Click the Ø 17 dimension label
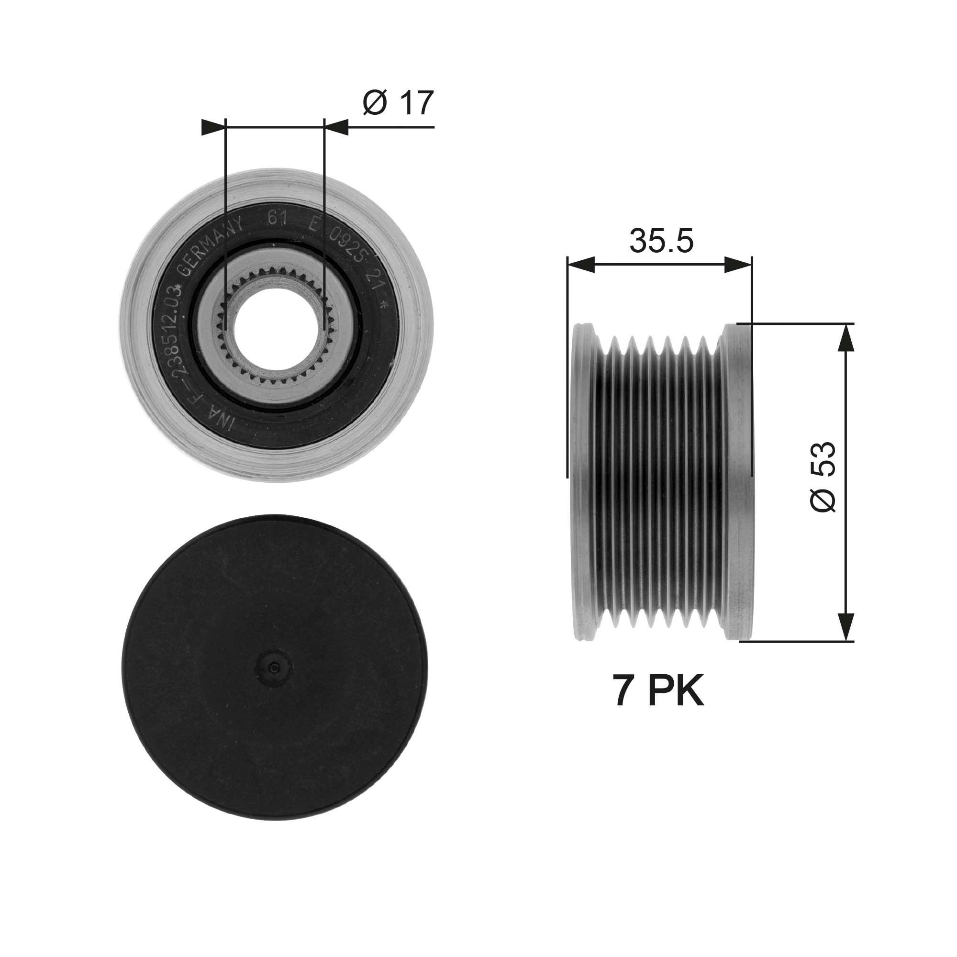pyautogui.click(x=398, y=103)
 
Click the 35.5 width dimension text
pyautogui.click(x=661, y=241)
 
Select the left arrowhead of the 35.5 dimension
pyautogui.click(x=580, y=265)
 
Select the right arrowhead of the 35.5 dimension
pyautogui.click(x=738, y=265)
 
